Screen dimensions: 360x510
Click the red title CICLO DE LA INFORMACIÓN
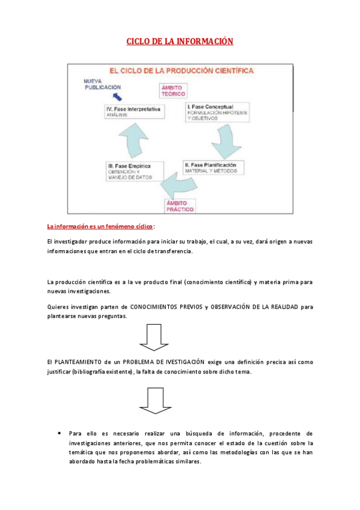(180, 41)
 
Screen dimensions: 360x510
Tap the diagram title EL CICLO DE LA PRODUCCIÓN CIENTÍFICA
(182, 71)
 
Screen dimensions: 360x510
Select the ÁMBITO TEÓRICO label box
(173, 91)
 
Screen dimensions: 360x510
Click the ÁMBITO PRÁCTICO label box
(180, 206)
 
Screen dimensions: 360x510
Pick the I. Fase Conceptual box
(218, 112)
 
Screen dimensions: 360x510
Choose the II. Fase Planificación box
(213, 168)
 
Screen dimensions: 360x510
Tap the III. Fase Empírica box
(135, 171)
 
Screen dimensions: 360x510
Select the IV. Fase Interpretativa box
(134, 112)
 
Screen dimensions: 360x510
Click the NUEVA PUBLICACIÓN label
(102, 84)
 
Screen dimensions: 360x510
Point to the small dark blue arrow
(117, 97)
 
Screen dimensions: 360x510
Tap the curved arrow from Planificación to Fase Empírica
(178, 185)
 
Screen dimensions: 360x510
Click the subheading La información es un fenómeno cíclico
(100, 226)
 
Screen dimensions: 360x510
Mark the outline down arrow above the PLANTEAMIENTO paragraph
(154, 337)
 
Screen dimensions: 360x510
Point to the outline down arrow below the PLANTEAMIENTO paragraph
(155, 401)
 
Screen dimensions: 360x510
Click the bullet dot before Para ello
(59, 433)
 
